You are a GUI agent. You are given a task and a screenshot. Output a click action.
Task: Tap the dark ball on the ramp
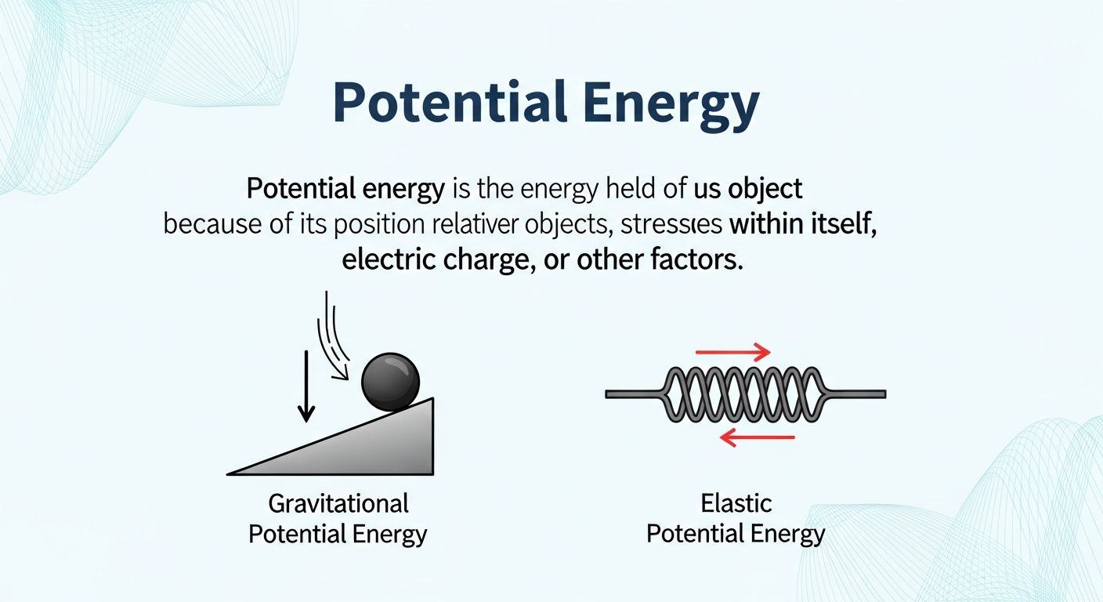[x=390, y=382]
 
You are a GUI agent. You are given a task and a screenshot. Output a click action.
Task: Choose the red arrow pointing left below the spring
[x=756, y=437]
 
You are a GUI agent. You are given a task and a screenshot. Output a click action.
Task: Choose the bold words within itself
[x=801, y=224]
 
